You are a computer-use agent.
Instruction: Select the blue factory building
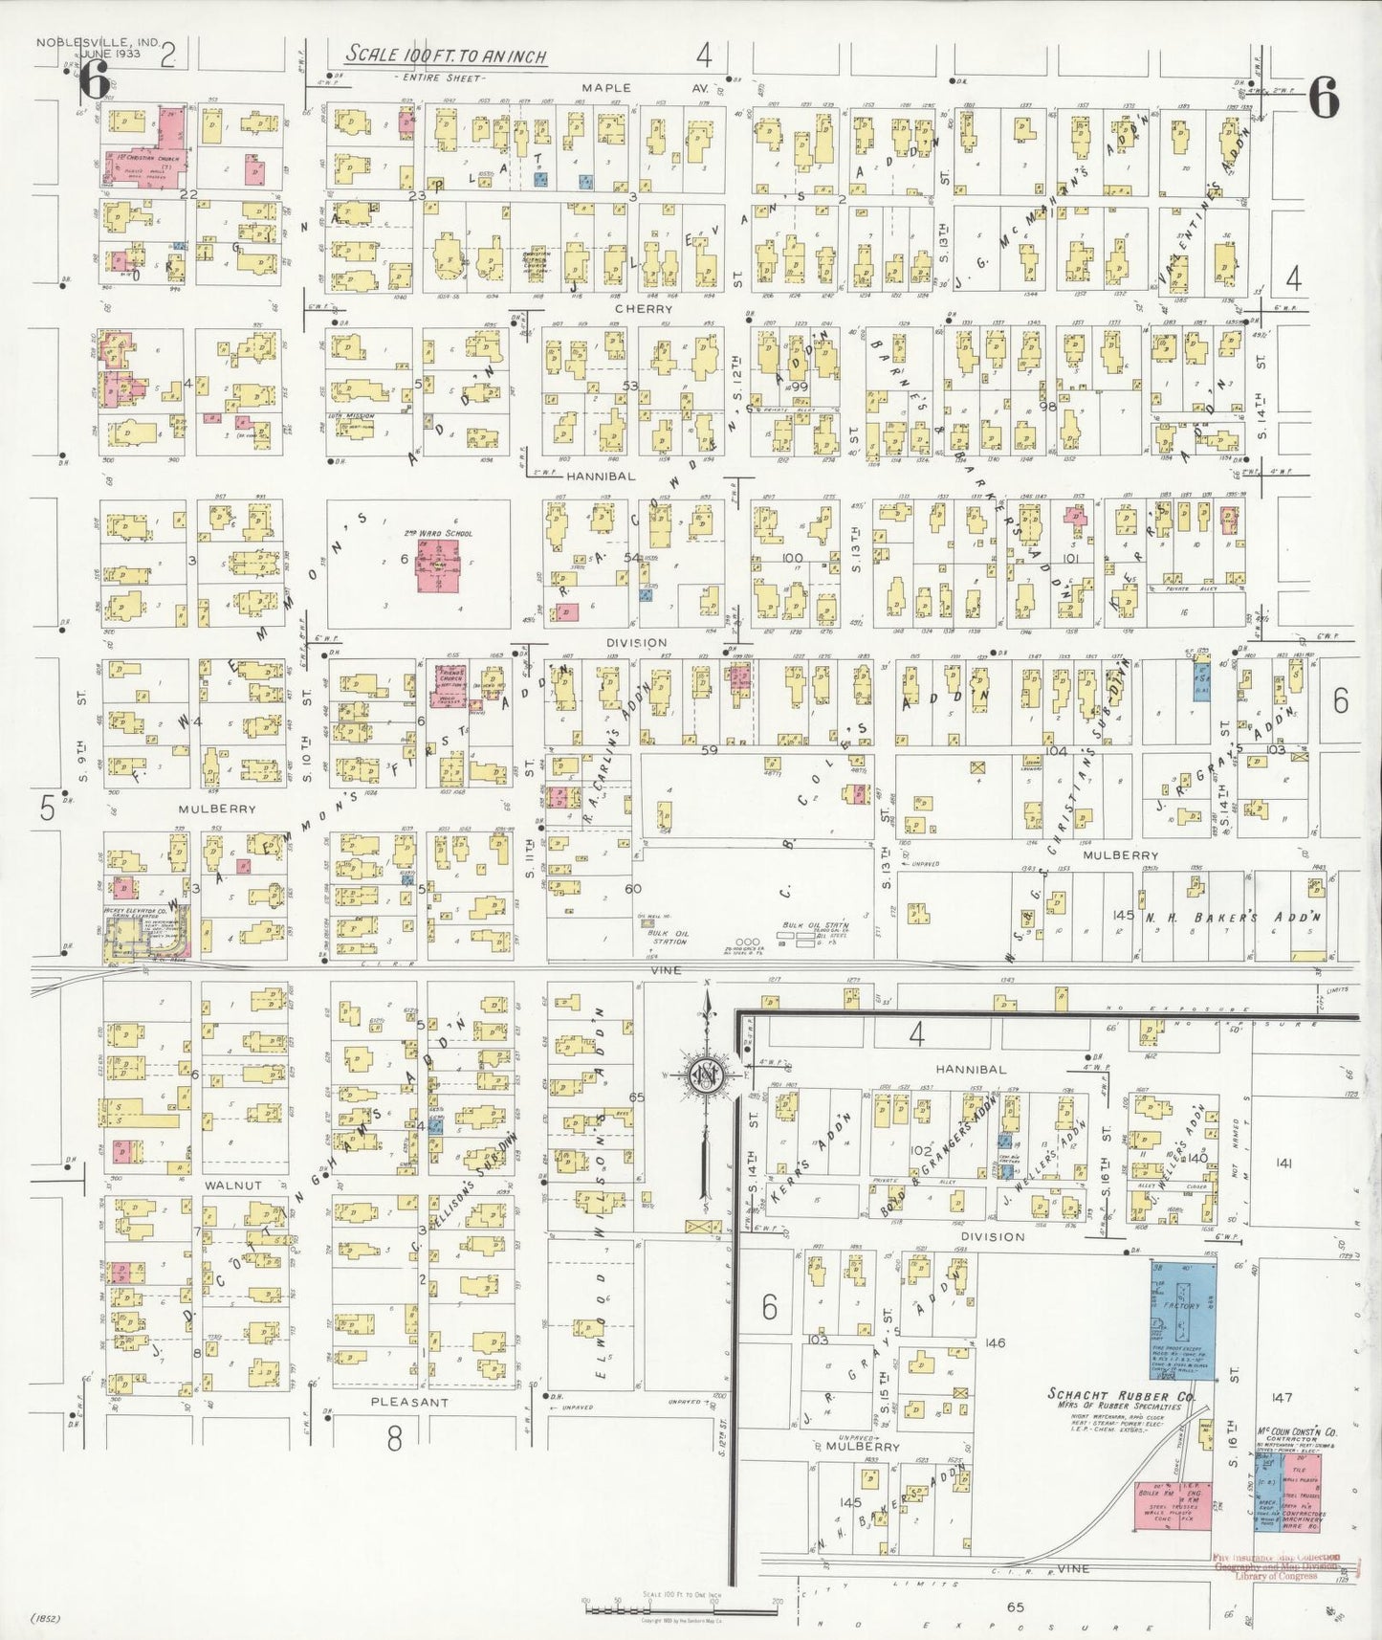pos(1183,1319)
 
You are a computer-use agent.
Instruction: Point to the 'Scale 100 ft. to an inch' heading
pos(446,55)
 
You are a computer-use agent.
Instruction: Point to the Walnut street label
pos(232,1185)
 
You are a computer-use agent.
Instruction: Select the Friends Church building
pos(450,685)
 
